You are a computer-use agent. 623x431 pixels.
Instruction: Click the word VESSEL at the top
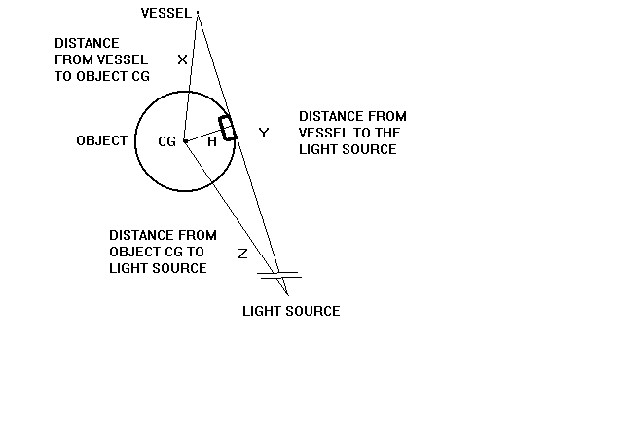pos(166,13)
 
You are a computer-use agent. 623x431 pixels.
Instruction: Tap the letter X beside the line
pos(182,59)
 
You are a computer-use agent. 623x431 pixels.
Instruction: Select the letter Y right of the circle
pos(264,133)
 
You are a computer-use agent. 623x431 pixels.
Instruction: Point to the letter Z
pos(242,254)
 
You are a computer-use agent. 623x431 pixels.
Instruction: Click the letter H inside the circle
pos(212,141)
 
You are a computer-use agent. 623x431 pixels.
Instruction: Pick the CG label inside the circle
pos(166,141)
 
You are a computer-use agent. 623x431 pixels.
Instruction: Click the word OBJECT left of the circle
pos(102,140)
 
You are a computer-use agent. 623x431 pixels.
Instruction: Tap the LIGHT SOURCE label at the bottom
pos(291,311)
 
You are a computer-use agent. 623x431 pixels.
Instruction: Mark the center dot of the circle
pos(185,140)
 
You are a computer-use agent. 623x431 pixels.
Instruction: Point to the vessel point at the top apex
pos(198,13)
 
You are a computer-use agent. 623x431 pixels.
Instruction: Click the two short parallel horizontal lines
pos(279,275)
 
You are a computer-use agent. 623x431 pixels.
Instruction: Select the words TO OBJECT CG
pos(102,76)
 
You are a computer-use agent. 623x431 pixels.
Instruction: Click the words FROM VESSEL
pos(101,59)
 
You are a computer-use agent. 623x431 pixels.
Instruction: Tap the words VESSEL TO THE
pos(349,133)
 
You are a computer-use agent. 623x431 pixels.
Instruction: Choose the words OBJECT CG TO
pos(157,252)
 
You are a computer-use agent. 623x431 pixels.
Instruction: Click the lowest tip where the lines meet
pos(288,295)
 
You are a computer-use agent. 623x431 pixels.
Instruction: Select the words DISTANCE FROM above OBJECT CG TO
pos(163,235)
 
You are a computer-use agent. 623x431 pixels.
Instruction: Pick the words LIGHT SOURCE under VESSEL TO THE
pos(348,149)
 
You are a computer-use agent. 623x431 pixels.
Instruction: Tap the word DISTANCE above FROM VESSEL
pos(87,43)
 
